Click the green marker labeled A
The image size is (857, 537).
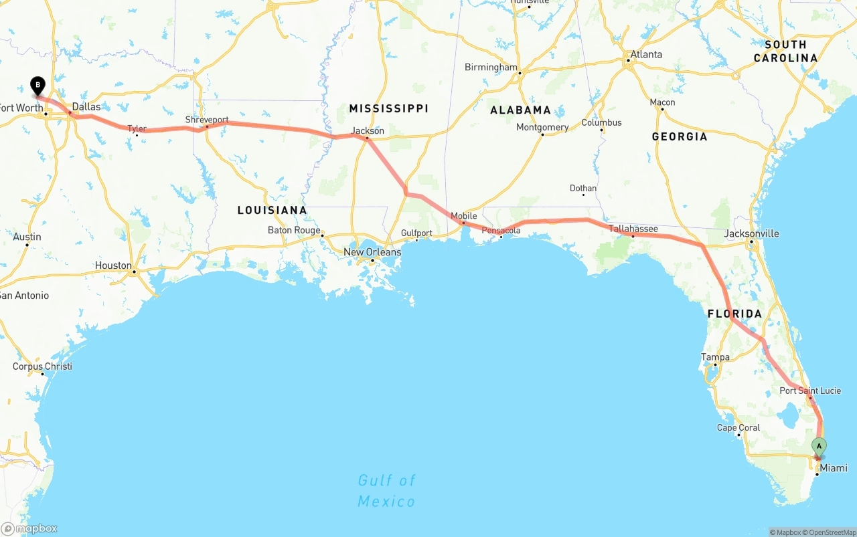[818, 446]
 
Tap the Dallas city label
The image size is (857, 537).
[86, 106]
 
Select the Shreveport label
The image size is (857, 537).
[207, 120]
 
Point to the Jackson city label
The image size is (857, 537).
[368, 130]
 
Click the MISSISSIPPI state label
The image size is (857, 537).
[388, 108]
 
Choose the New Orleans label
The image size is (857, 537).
[372, 252]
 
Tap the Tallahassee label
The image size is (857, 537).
[633, 229]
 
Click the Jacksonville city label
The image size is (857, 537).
[751, 233]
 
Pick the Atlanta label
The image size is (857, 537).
[646, 54]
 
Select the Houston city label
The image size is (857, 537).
[113, 265]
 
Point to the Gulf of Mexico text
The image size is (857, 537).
[386, 490]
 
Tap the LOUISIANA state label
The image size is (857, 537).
[272, 210]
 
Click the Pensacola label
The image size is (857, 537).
[501, 231]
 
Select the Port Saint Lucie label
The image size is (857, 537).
[810, 391]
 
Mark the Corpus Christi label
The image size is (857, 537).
[42, 366]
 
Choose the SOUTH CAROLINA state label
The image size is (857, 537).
[785, 51]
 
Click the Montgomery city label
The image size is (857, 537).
[542, 127]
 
